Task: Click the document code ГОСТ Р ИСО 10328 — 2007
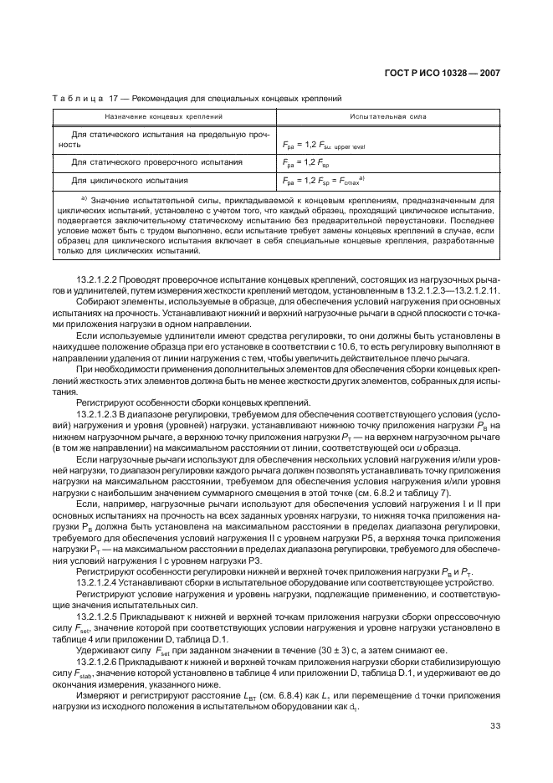point(447,73)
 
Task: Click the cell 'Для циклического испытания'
point(129,179)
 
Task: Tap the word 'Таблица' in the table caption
point(76,98)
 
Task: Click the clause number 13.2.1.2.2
point(100,279)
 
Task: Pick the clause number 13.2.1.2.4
point(100,557)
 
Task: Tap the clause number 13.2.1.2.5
point(100,591)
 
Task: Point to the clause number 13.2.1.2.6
point(100,637)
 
